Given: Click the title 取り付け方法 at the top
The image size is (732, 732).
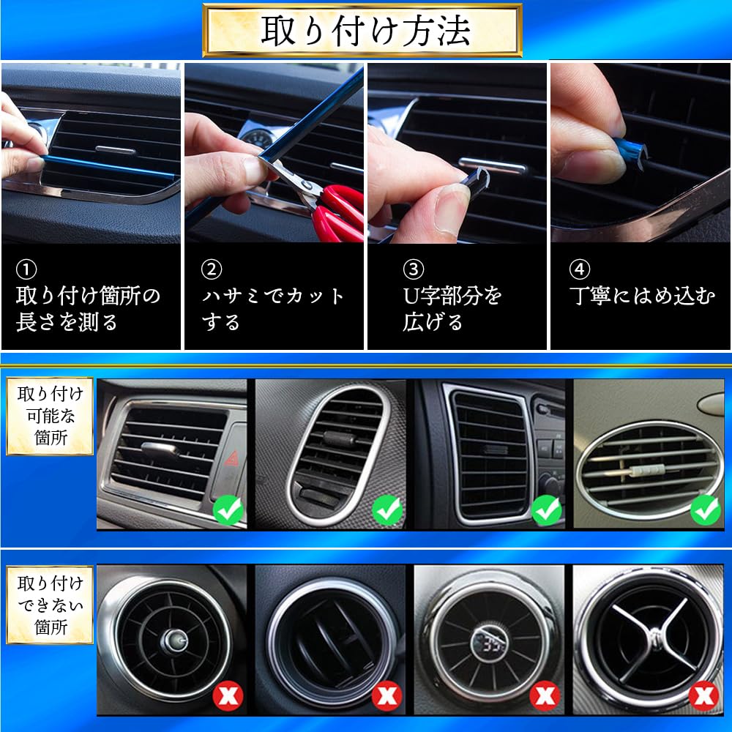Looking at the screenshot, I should coord(363,30).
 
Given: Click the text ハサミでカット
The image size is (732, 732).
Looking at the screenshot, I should coord(273,296).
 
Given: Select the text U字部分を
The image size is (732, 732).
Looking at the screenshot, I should coord(452,296).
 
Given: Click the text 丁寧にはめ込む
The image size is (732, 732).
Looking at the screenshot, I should coord(642,296).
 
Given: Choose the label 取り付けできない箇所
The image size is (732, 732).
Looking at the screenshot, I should coord(50,605).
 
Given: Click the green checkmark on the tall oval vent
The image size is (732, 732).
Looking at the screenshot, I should coord(387,510).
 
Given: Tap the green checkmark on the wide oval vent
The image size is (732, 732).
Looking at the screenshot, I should coord(706,508).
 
